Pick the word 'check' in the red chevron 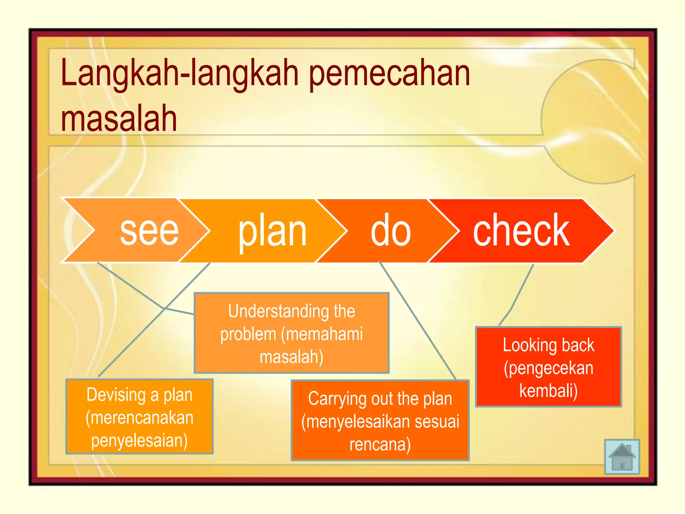tap(521, 231)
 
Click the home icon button tap(622, 457)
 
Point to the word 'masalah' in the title tap(119, 118)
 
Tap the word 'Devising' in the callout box tap(116, 395)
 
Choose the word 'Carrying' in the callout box tap(337, 399)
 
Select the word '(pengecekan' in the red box tap(549, 368)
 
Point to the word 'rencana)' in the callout tap(380, 444)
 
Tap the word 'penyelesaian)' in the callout tap(139, 440)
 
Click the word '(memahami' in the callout tap(322, 334)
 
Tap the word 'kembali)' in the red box tap(549, 391)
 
